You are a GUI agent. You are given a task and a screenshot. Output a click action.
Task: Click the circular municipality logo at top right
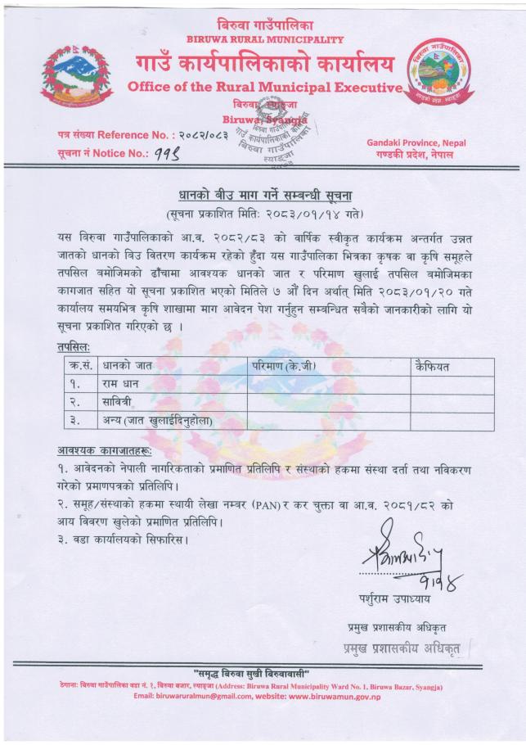click(x=438, y=73)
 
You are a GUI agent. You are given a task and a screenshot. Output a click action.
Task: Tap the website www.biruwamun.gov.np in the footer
click(x=334, y=696)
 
